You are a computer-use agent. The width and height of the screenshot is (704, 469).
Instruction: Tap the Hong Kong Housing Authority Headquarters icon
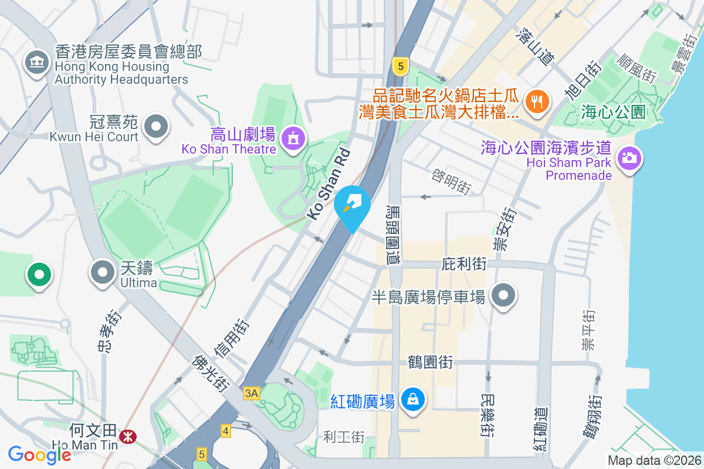(x=36, y=62)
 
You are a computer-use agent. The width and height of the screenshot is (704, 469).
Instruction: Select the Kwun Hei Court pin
(x=156, y=126)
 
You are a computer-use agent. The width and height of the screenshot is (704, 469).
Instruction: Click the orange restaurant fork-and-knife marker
(x=537, y=101)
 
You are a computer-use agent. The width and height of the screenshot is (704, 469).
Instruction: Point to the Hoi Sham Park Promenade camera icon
(x=629, y=158)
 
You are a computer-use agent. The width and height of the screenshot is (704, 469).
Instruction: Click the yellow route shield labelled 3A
(x=251, y=393)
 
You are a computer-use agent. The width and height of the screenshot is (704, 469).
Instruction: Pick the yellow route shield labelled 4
(x=226, y=431)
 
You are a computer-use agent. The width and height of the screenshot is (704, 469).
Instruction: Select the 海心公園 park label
(x=613, y=111)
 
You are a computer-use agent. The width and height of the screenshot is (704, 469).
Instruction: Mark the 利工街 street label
(x=344, y=437)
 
